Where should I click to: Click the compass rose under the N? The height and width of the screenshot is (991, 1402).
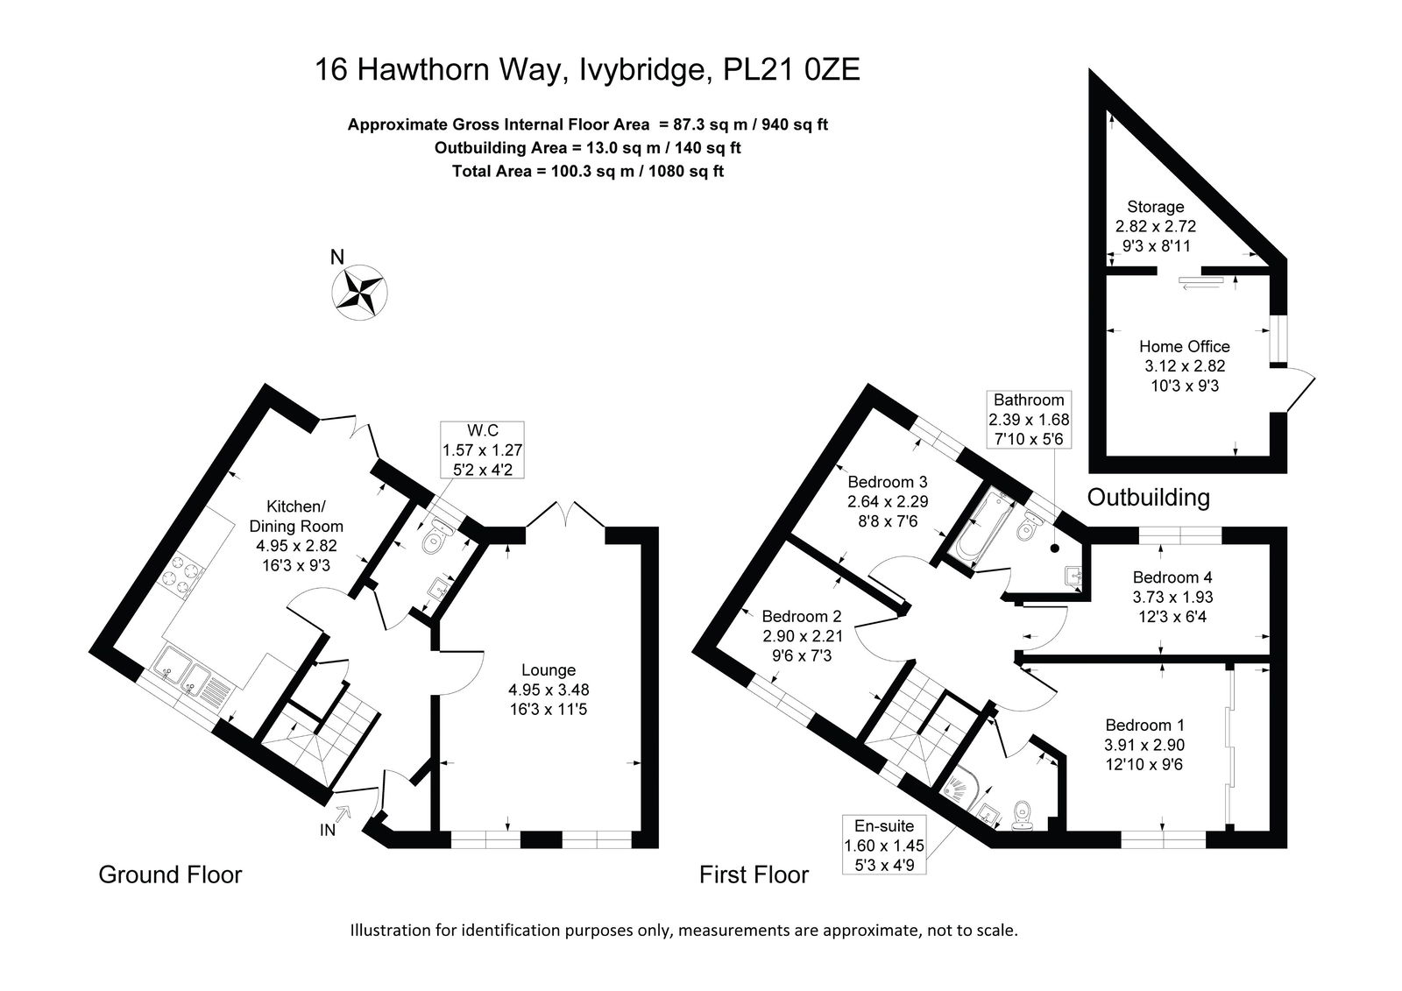[358, 293]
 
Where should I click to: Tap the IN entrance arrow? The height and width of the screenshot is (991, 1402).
[342, 813]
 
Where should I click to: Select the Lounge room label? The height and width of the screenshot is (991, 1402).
[549, 670]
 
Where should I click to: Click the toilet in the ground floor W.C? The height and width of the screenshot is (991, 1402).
[437, 537]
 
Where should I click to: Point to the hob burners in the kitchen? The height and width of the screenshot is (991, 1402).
[182, 573]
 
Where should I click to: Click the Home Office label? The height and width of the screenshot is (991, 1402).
[1184, 347]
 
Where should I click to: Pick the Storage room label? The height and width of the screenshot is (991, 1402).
[1156, 207]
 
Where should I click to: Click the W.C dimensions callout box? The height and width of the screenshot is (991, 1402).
[482, 450]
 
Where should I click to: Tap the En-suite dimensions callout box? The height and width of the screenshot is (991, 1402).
[884, 846]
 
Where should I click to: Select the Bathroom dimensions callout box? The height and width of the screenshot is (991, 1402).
[1029, 420]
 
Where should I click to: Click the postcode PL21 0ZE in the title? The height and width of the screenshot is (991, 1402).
[791, 69]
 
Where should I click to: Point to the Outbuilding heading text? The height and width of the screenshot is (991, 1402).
[1148, 498]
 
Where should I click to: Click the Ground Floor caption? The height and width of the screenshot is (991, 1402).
[170, 875]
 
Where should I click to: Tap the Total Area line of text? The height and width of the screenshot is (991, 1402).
[588, 172]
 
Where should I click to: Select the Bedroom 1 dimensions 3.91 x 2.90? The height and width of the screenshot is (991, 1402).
[1144, 745]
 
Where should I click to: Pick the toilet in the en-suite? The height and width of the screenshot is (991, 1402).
[1022, 816]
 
